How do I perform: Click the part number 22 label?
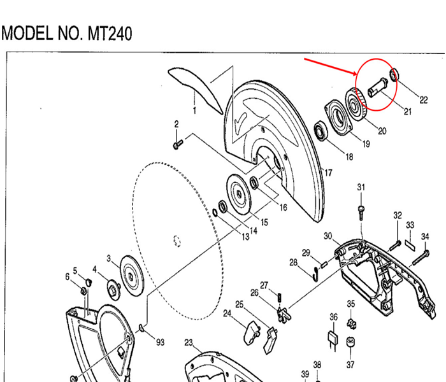coord(423,99)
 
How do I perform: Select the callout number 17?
coord(329,173)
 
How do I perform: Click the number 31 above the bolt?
coord(361,187)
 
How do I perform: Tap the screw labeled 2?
coord(177,146)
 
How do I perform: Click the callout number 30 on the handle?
coord(328,236)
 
